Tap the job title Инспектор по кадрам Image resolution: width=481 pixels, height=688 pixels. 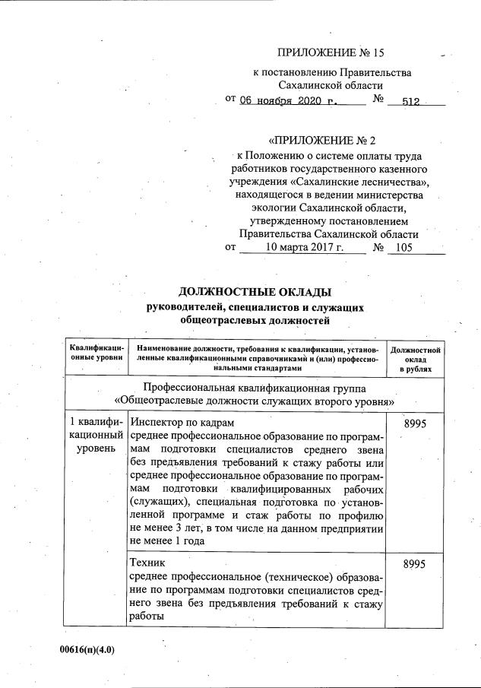182,422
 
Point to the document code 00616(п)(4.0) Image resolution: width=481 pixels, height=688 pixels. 90,652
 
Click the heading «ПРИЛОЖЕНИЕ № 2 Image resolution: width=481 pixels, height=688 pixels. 322,141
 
